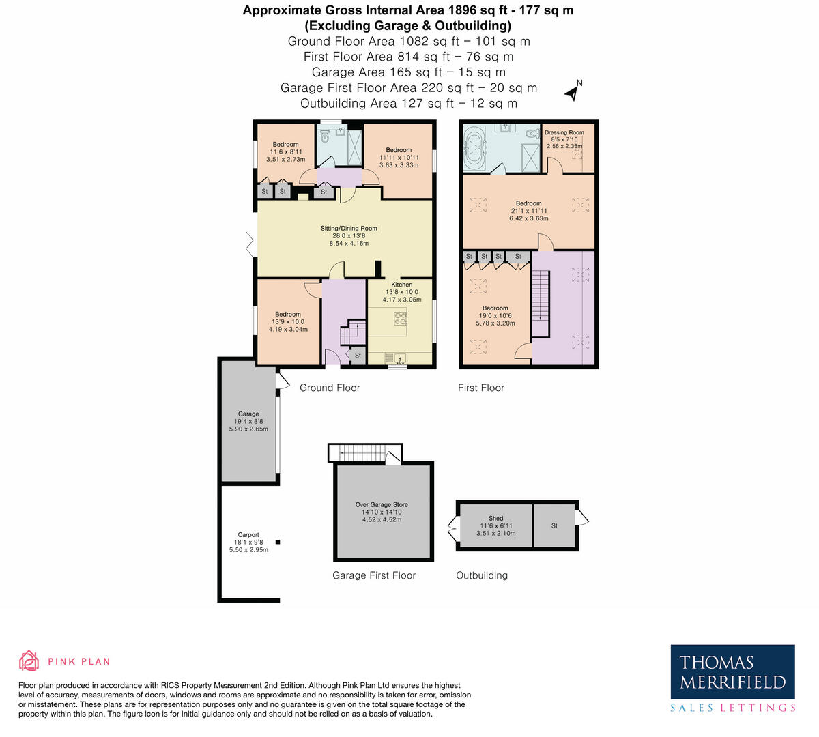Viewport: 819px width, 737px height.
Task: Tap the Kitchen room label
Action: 402,285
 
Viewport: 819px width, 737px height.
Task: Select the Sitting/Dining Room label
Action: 349,229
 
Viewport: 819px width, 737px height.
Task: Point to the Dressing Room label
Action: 564,132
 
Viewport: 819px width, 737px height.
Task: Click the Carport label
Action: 248,535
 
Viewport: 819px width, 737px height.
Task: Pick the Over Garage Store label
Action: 382,505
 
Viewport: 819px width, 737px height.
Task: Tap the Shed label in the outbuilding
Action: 496,519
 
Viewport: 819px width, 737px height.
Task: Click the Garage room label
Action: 248,414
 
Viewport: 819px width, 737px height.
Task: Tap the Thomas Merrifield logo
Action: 732,678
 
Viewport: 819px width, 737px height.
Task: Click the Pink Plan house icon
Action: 29,661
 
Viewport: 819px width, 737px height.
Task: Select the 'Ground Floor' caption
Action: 330,388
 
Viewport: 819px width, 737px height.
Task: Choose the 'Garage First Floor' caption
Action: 374,575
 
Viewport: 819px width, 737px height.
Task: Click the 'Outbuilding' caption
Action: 482,575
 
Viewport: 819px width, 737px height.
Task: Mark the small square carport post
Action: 277,542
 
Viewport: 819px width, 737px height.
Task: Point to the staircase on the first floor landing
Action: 541,303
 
